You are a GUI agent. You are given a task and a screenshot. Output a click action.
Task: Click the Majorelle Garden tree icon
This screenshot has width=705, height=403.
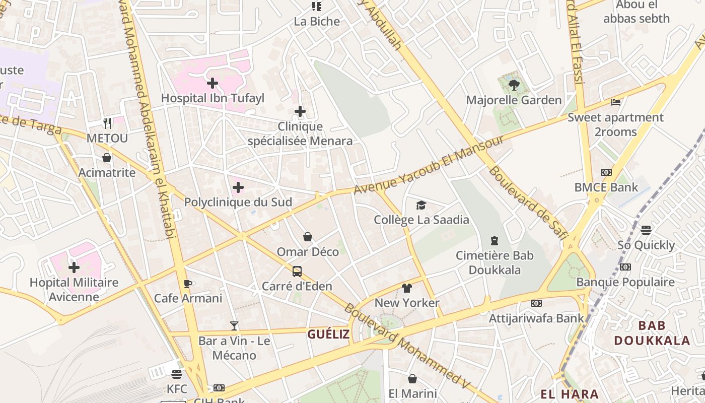click(514, 85)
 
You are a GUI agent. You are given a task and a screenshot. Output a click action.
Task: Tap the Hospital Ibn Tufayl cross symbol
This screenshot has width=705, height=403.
click(213, 83)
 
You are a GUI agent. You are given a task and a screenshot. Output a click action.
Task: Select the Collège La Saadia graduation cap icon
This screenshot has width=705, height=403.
click(421, 205)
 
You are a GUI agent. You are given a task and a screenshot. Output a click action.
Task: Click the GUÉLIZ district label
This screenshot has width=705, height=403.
click(328, 334)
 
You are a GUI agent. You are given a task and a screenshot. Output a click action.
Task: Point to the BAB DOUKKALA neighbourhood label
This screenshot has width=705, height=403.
click(652, 333)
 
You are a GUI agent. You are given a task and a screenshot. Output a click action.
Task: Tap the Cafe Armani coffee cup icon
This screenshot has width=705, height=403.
click(188, 283)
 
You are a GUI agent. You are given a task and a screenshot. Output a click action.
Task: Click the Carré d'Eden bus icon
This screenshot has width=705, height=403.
click(297, 272)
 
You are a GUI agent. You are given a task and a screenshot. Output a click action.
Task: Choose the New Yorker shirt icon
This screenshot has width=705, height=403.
click(407, 288)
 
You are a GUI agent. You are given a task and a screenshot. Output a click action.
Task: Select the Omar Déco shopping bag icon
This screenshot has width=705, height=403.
click(308, 237)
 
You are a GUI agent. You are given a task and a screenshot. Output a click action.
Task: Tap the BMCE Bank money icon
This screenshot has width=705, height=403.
click(606, 172)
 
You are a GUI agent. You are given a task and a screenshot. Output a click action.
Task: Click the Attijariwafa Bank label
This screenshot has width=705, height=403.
click(536, 318)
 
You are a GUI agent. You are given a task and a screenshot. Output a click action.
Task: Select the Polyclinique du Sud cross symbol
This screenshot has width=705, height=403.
click(238, 188)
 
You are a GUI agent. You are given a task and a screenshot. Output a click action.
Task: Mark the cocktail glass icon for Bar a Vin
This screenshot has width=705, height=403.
click(234, 326)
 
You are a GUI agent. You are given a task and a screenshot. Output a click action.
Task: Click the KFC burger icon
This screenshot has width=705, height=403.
click(177, 374)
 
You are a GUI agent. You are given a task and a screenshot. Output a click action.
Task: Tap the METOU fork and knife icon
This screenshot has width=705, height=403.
click(107, 123)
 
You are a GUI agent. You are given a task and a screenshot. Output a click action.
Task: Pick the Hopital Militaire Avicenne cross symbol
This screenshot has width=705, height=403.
click(74, 267)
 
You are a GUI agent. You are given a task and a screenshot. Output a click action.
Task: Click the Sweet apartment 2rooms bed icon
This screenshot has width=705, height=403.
click(615, 102)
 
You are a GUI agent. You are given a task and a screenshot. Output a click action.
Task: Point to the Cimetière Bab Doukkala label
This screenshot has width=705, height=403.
click(495, 262)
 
